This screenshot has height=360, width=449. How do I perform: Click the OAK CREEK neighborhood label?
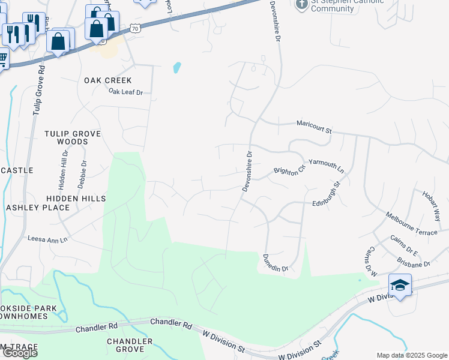pos(107,80)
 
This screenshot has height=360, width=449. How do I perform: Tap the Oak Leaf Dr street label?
pos(126,92)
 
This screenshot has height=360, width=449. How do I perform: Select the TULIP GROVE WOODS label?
pos(73,137)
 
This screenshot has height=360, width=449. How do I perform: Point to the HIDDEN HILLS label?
pos(76,198)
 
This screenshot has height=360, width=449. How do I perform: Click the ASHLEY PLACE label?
pos(38,208)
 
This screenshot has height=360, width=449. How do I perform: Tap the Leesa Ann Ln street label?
pos(48,239)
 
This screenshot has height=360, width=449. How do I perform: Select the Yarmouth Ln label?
pos(327,166)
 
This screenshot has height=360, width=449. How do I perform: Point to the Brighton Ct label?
pos(289,171)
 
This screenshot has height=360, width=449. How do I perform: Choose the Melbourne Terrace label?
pos(412,224)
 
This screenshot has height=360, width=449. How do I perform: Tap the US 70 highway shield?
pos(137,28)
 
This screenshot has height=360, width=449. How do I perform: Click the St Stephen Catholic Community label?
pos(339,5)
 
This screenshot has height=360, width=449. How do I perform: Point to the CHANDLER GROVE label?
pos(125,345)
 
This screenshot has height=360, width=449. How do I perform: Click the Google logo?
pos(20,353)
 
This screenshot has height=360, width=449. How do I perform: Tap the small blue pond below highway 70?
pos(177,68)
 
